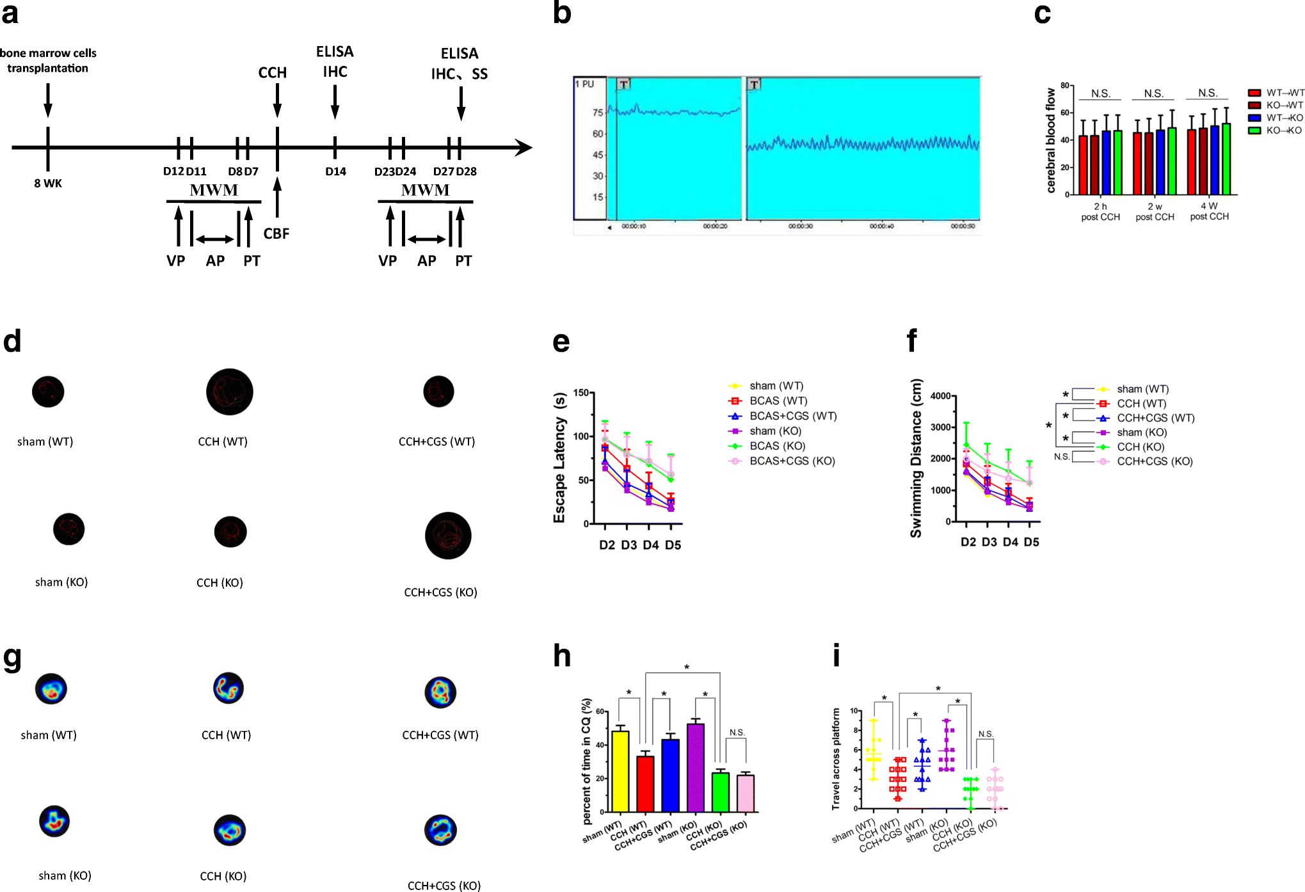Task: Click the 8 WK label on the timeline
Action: (x=48, y=184)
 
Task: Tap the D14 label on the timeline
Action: (x=335, y=171)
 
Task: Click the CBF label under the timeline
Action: (x=276, y=234)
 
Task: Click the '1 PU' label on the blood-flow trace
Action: (x=584, y=84)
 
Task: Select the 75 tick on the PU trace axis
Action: (x=598, y=113)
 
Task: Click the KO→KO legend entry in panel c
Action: (x=1283, y=131)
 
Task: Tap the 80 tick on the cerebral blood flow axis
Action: (x=1065, y=85)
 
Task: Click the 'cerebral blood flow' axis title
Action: (x=1050, y=141)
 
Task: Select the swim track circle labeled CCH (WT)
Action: (x=230, y=392)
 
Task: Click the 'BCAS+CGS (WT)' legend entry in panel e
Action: (x=793, y=416)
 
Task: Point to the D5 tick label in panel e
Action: (x=673, y=545)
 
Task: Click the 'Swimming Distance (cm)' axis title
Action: (x=916, y=458)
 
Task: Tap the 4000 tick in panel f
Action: (x=940, y=396)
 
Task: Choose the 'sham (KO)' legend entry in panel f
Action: (x=1142, y=433)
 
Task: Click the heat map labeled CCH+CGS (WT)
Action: (x=440, y=692)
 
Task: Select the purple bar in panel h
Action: (x=696, y=768)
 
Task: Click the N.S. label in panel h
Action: (x=737, y=733)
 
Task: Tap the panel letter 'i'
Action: (x=836, y=657)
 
